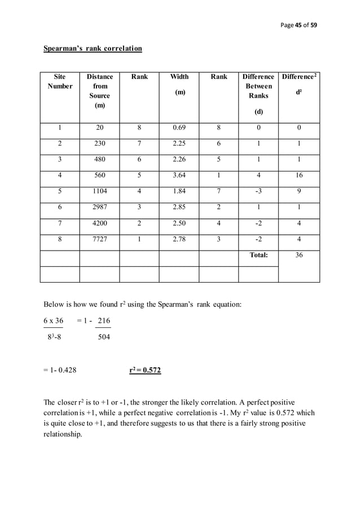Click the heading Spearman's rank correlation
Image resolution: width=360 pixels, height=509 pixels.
click(93, 49)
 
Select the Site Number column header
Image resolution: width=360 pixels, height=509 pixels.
click(60, 81)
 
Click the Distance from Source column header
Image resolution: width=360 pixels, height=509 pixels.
click(100, 91)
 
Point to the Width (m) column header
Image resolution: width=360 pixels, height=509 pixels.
click(180, 84)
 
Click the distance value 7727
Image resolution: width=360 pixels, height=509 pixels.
click(100, 239)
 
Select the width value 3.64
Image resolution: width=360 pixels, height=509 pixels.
click(180, 175)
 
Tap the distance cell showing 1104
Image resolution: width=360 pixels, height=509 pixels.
click(100, 191)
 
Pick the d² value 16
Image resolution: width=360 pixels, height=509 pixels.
click(298, 175)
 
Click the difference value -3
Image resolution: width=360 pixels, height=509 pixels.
click(258, 191)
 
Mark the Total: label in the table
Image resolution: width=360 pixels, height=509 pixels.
click(258, 255)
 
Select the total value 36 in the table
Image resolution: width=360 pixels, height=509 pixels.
click(298, 255)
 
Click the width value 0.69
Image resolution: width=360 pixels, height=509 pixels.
click(180, 128)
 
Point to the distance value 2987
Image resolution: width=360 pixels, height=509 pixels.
click(100, 207)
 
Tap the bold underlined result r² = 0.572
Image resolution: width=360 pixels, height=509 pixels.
click(145, 371)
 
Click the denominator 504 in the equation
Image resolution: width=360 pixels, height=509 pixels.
click(104, 337)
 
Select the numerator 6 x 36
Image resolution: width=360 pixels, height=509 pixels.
click(54, 321)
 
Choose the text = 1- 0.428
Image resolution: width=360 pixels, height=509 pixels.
click(60, 371)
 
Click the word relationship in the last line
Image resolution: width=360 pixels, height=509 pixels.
click(63, 435)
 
